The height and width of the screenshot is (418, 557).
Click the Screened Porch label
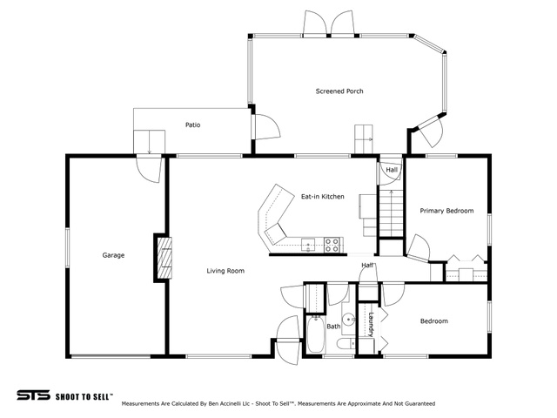[x=339, y=91]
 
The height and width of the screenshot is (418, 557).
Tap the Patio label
[x=193, y=125]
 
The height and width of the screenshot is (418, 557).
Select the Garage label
[x=113, y=255]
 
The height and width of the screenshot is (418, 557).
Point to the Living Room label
[x=225, y=271]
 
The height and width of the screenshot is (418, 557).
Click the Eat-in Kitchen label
[x=323, y=197]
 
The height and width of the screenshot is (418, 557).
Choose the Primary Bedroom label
[x=446, y=211]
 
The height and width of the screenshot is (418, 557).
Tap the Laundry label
[x=371, y=324]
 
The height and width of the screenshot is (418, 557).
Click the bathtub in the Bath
[x=315, y=334]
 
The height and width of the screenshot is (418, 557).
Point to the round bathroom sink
[x=349, y=319]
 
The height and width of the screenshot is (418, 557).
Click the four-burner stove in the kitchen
[x=332, y=246]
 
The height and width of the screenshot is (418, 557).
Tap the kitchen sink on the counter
[x=308, y=246]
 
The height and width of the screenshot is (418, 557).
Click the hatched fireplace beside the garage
[x=164, y=258]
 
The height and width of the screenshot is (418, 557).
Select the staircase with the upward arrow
[x=392, y=213]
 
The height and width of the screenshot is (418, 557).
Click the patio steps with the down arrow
[x=149, y=142]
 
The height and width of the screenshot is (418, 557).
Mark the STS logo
[x=34, y=394]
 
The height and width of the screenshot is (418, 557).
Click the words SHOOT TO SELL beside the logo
[x=84, y=396]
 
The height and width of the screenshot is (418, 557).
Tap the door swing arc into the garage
[x=149, y=171]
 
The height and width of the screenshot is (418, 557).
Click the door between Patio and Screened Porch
[x=266, y=127]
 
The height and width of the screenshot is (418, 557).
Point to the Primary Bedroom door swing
[x=419, y=248]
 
